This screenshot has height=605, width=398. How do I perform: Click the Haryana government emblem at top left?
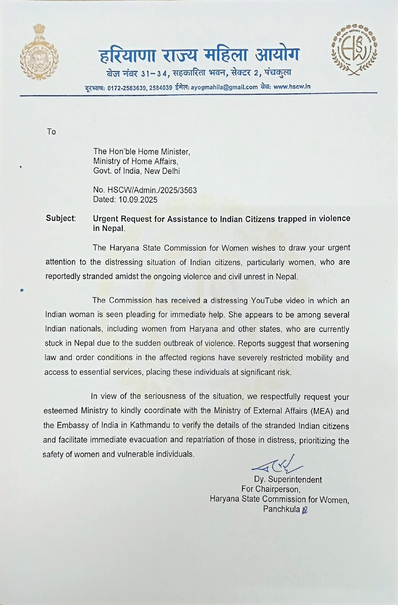(39, 52)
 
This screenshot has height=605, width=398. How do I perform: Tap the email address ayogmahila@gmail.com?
(224, 87)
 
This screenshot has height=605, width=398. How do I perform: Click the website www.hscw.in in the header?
(292, 87)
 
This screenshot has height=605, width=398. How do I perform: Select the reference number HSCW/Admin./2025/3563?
(152, 190)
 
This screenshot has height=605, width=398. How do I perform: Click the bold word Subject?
(60, 219)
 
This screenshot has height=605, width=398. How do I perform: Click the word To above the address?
(51, 132)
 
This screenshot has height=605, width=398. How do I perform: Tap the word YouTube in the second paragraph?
(267, 301)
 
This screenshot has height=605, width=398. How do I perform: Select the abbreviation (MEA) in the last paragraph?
(321, 411)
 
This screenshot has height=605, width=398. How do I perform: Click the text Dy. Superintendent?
(288, 480)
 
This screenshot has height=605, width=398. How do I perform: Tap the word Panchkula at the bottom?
(281, 509)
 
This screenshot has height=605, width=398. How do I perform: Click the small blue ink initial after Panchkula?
(305, 510)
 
